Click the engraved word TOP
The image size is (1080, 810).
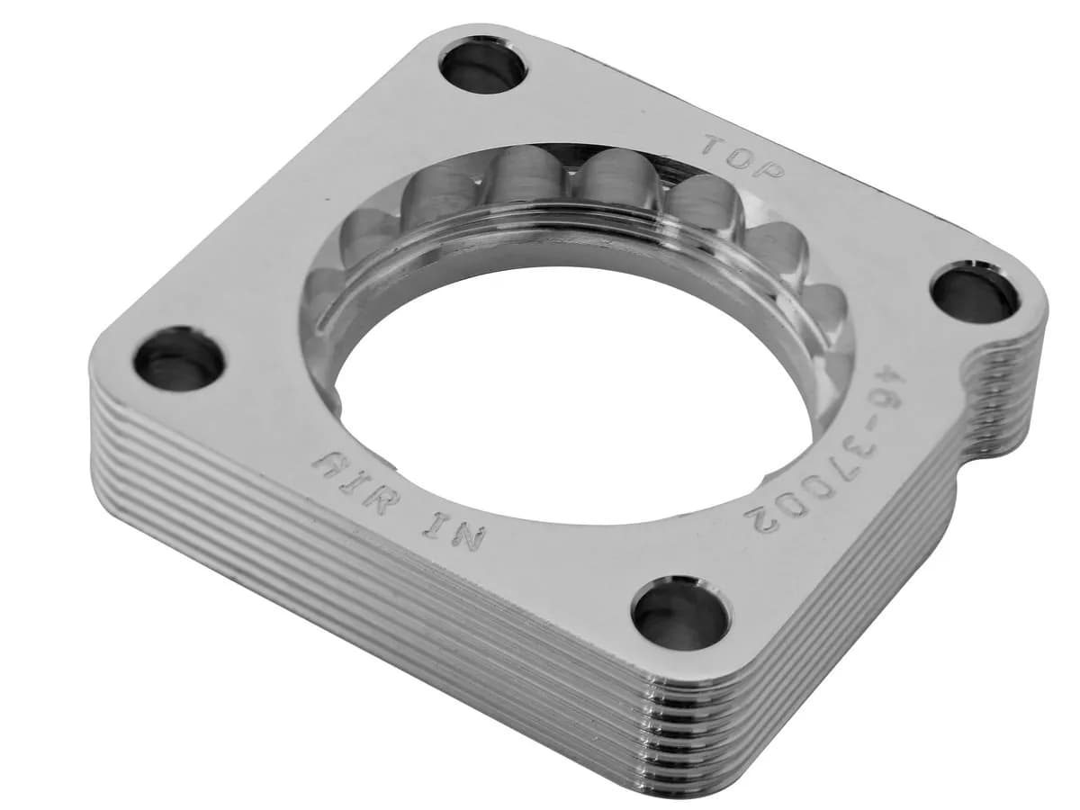(x=742, y=157)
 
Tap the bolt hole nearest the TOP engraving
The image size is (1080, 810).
(x=483, y=65)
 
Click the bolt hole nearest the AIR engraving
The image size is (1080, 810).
(x=179, y=358)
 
